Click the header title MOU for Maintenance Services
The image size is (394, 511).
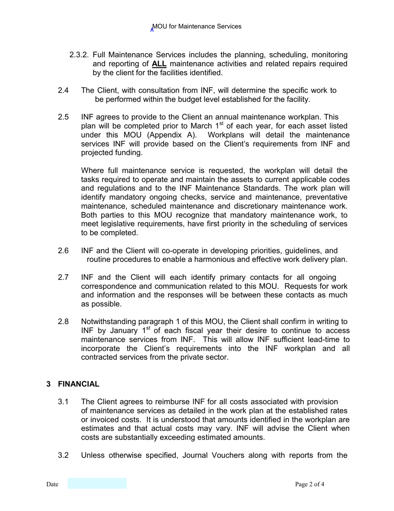(197, 27)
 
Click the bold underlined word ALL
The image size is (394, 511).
(159, 64)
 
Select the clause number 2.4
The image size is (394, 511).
(63, 91)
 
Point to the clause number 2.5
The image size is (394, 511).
(63, 117)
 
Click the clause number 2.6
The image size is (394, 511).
(63, 251)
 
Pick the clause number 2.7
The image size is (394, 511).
(63, 278)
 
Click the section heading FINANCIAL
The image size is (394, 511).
(78, 384)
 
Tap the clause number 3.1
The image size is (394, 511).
(63, 402)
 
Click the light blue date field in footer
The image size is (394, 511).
(97, 484)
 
